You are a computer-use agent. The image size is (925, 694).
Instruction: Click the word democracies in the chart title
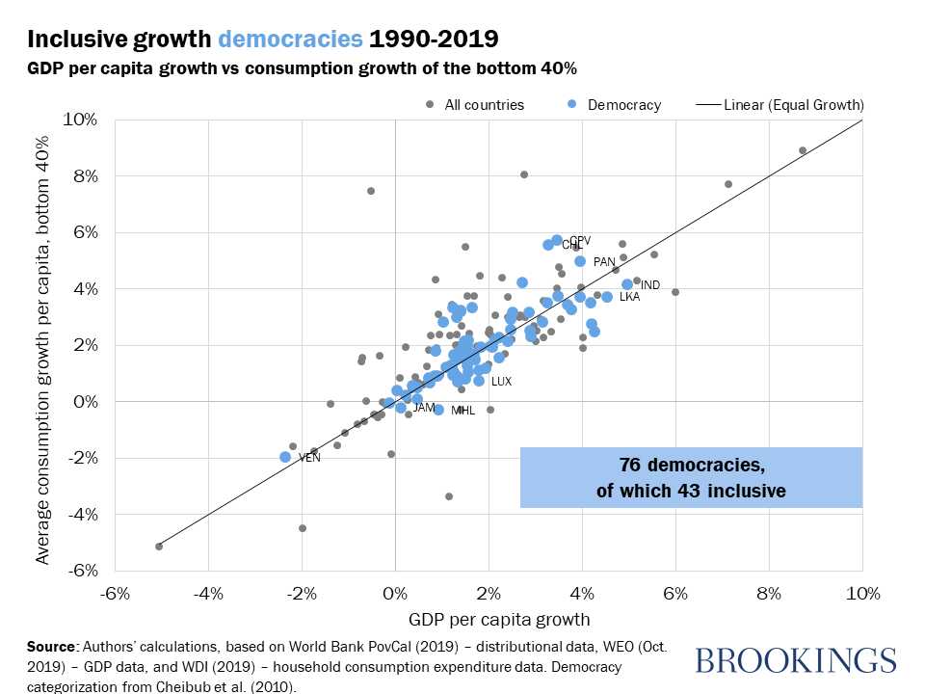tap(290, 40)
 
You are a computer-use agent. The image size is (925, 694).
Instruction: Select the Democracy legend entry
tap(623, 105)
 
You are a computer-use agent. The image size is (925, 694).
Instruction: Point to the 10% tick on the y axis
tap(81, 120)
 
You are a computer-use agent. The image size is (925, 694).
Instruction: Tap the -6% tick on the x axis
tap(116, 593)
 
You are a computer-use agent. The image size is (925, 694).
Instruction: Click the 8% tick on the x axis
tap(768, 593)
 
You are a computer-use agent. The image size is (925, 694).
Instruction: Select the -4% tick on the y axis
tap(81, 514)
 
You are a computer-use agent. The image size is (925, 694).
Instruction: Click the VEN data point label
tap(309, 458)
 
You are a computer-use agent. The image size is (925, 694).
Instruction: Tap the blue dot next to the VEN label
tap(285, 457)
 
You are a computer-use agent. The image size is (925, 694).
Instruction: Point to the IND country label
tap(650, 286)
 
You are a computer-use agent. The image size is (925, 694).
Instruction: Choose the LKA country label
tap(629, 298)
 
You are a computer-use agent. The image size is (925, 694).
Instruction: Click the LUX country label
tap(501, 382)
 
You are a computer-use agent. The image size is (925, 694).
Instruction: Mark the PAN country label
tap(604, 262)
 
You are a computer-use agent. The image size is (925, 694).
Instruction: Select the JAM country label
tap(424, 409)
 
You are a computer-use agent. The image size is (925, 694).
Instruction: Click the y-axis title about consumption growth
tap(42, 345)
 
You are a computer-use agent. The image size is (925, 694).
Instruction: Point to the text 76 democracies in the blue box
tap(691, 467)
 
